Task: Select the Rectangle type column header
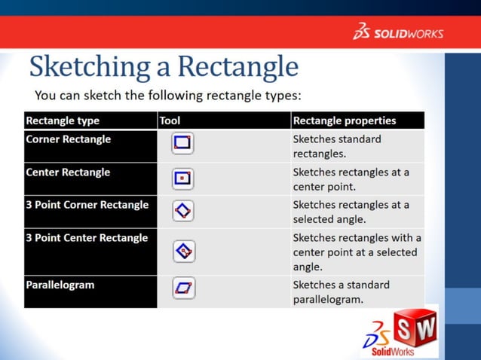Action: point(63,121)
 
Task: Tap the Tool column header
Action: point(170,121)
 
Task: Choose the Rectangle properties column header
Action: point(344,121)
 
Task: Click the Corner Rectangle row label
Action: point(69,139)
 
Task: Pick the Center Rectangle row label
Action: point(68,172)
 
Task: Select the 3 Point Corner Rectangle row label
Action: point(87,205)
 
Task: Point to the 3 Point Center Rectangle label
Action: point(87,238)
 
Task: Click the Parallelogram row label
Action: point(60,285)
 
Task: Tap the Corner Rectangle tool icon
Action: point(183,143)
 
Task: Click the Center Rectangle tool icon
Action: point(183,178)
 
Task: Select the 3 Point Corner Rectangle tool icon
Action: point(183,211)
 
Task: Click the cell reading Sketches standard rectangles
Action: point(337,146)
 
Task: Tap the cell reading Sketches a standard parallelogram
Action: point(341,292)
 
